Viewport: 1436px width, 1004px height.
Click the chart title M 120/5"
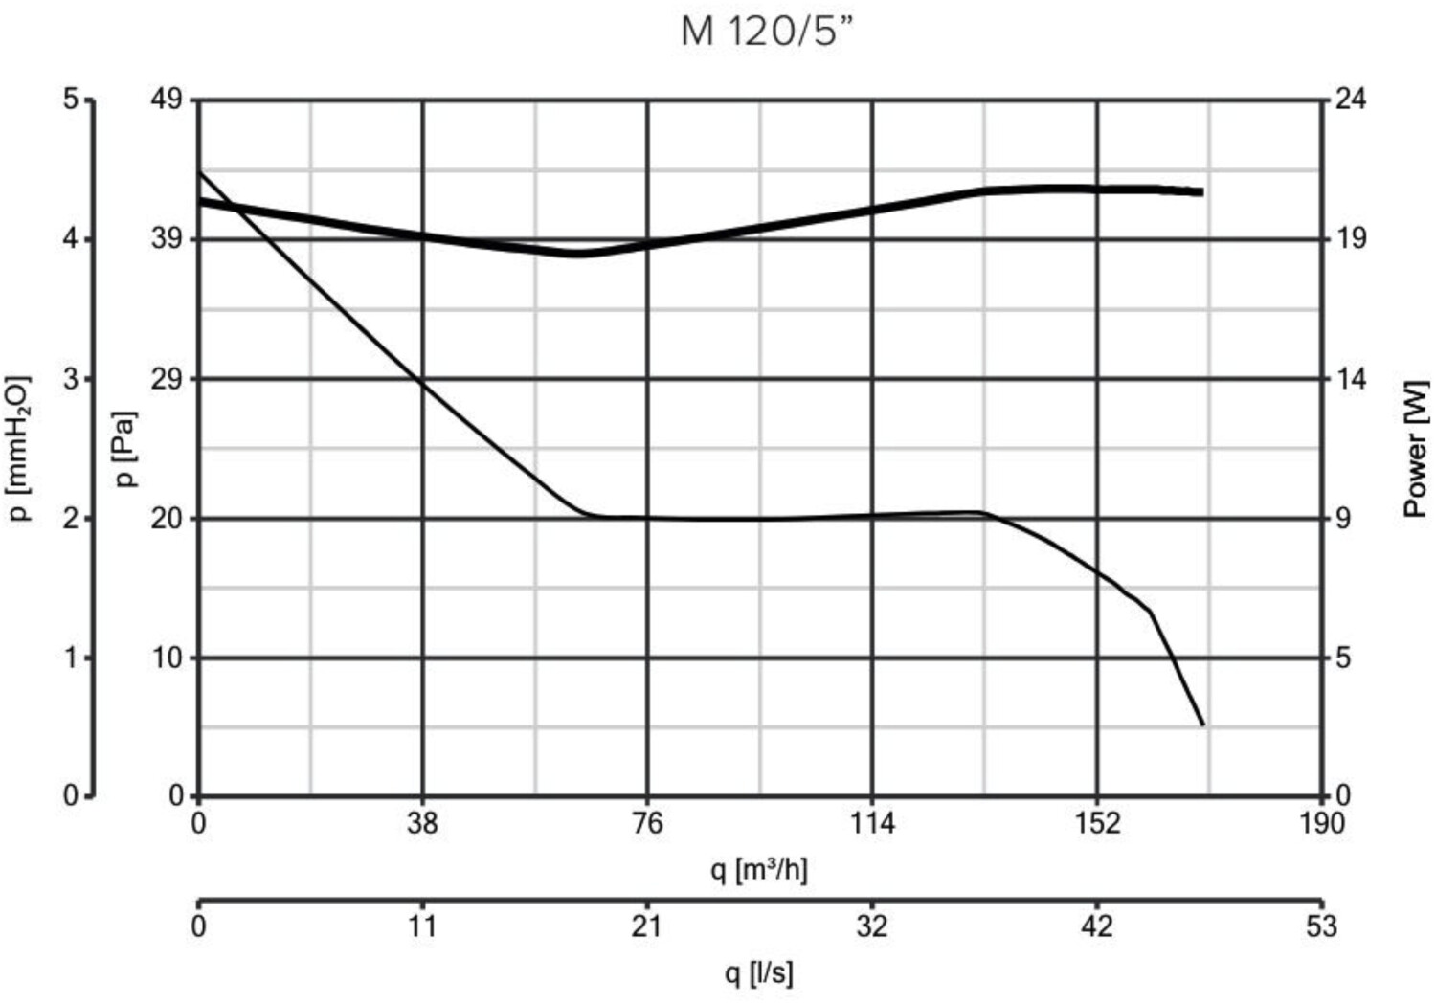click(765, 32)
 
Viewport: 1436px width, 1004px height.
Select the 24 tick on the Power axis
click(1350, 99)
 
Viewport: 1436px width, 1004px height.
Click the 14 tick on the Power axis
click(1350, 379)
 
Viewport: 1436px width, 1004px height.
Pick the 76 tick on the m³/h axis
click(648, 823)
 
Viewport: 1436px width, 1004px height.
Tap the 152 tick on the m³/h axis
click(1097, 823)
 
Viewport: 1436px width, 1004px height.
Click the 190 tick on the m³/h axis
click(1321, 823)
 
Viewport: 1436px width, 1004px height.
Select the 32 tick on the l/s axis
click(872, 926)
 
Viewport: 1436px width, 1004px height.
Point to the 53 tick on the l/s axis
click(1321, 926)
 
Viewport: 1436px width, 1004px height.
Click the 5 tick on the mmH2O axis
click(71, 99)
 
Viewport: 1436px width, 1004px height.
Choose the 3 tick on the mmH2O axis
click(71, 379)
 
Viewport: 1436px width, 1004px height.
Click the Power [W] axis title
click(1416, 450)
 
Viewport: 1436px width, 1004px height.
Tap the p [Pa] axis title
click(125, 450)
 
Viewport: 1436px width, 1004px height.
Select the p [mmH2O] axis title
click(20, 450)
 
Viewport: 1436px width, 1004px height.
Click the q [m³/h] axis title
click(758, 869)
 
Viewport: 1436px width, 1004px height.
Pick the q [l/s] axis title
click(758, 973)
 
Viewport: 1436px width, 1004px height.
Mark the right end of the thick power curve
click(1201, 192)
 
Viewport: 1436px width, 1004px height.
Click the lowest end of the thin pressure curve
click(1203, 725)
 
